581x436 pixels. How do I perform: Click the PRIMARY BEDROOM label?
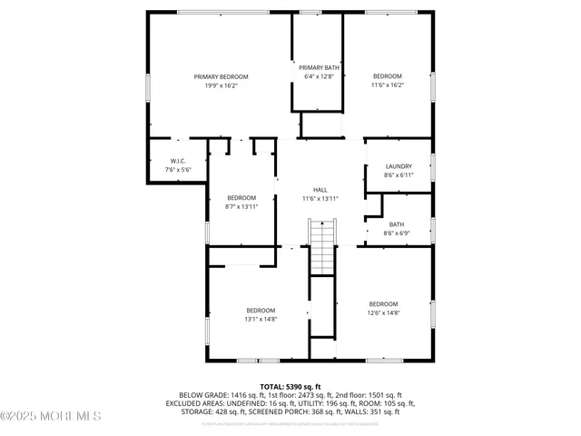click(x=221, y=77)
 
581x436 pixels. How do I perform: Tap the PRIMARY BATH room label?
click(x=317, y=68)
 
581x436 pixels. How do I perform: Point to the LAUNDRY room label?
click(x=399, y=166)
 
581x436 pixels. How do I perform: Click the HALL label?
click(x=320, y=190)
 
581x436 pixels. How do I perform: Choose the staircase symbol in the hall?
click(x=322, y=245)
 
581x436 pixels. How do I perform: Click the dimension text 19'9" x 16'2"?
click(x=221, y=85)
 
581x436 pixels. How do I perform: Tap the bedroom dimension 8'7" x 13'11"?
click(x=241, y=206)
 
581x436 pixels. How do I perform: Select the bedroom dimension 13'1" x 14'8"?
click(x=260, y=319)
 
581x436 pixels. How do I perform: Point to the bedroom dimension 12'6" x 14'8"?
click(x=383, y=312)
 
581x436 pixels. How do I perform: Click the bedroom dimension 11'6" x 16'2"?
click(x=388, y=85)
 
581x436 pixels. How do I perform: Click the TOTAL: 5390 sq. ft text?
click(x=290, y=387)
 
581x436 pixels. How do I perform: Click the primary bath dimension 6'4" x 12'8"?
click(x=317, y=77)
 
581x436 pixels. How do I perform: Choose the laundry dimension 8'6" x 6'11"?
click(x=399, y=175)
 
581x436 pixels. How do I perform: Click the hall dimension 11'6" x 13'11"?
click(x=320, y=198)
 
